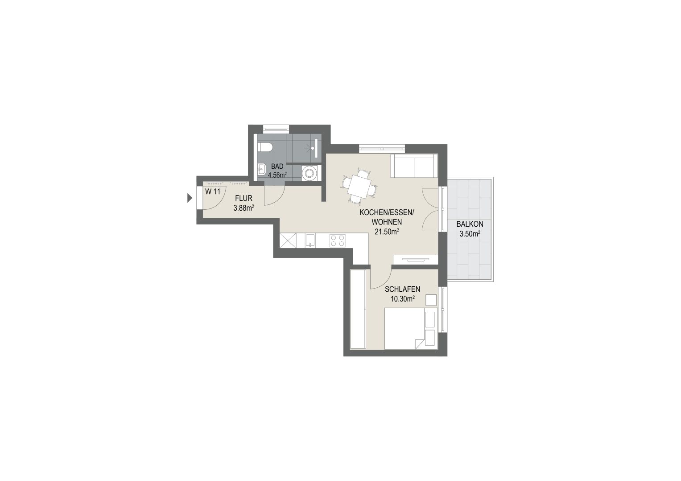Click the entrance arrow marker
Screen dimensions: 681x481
[190, 198]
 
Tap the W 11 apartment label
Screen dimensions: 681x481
[213, 192]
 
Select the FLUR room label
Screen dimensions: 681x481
[244, 198]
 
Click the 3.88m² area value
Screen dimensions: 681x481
[244, 208]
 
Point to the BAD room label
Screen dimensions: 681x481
[277, 167]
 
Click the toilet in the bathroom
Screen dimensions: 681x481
[265, 147]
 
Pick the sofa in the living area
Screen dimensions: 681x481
[414, 166]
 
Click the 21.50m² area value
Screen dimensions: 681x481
[387, 232]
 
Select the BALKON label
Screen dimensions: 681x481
[470, 224]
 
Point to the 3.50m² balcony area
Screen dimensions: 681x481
[470, 234]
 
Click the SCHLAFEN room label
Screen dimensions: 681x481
[403, 289]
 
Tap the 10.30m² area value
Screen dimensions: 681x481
[403, 299]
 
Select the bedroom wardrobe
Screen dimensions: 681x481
[358, 309]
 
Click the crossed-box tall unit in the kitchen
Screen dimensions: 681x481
[288, 240]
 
